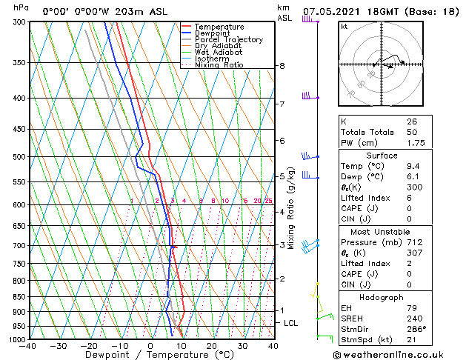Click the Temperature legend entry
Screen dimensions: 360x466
click(x=219, y=27)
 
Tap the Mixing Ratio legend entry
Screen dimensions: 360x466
click(x=219, y=65)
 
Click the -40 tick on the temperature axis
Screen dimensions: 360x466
click(x=28, y=346)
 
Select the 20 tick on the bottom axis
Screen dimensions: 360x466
click(x=211, y=346)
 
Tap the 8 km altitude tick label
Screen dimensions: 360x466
click(x=282, y=66)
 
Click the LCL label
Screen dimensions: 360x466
click(x=291, y=323)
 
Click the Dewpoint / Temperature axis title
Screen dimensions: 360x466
click(x=150, y=355)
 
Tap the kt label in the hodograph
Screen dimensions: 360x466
click(x=344, y=27)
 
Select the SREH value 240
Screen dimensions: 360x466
click(x=413, y=318)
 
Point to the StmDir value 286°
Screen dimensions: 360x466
click(x=416, y=328)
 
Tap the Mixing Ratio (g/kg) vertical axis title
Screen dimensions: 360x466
click(x=291, y=208)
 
